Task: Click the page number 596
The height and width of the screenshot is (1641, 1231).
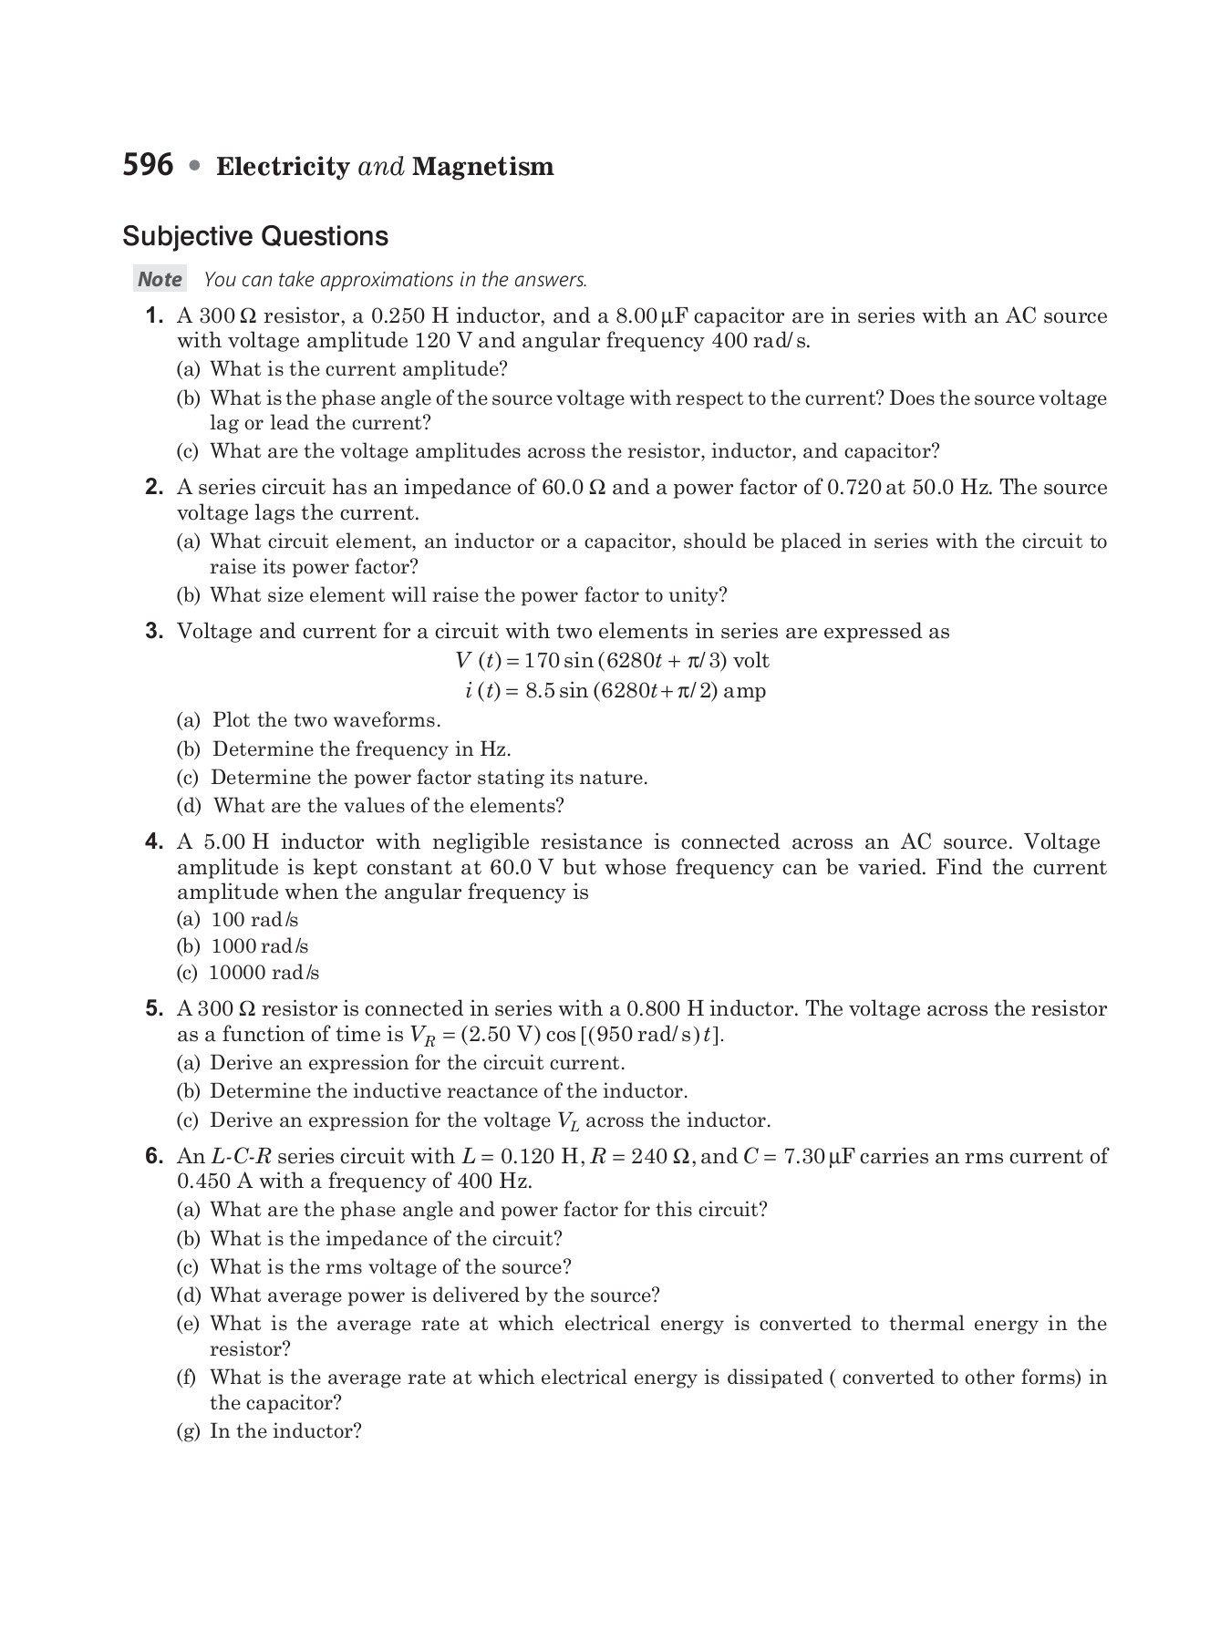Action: [x=148, y=165]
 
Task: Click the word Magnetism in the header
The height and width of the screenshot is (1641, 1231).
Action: [x=482, y=167]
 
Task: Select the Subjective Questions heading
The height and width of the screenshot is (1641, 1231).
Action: [x=255, y=236]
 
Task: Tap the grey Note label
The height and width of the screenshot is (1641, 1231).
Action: [x=160, y=280]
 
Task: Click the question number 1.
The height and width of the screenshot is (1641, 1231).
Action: [x=154, y=316]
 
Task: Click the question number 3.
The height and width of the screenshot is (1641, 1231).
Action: [x=154, y=632]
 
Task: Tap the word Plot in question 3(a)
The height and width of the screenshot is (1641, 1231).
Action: [x=232, y=720]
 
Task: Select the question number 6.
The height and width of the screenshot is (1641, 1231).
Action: [x=154, y=1157]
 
